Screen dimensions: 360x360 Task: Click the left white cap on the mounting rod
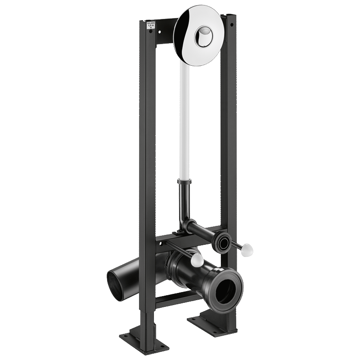[x=197, y=260]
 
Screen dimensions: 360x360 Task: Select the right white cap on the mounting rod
[x=247, y=250]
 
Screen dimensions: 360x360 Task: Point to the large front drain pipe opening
[x=225, y=290]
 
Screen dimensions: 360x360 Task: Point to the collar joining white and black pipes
[x=184, y=181]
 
